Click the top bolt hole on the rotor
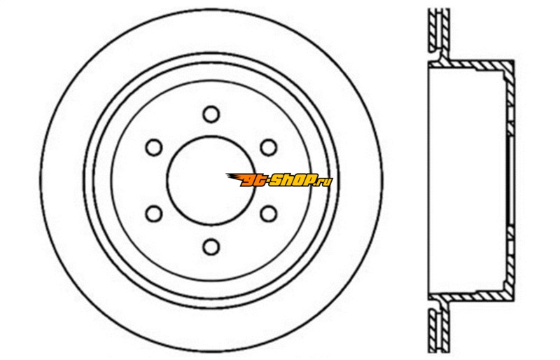coord(211,114)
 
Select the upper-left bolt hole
coord(154,147)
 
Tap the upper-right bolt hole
coord(269,147)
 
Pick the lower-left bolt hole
coord(154,214)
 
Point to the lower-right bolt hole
coord(269,214)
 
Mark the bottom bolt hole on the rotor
coord(211,247)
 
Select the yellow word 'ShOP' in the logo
coord(292,180)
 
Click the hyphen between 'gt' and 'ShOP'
coord(267,181)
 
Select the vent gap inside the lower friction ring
coord(439,330)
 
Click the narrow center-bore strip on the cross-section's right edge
coord(511,181)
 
